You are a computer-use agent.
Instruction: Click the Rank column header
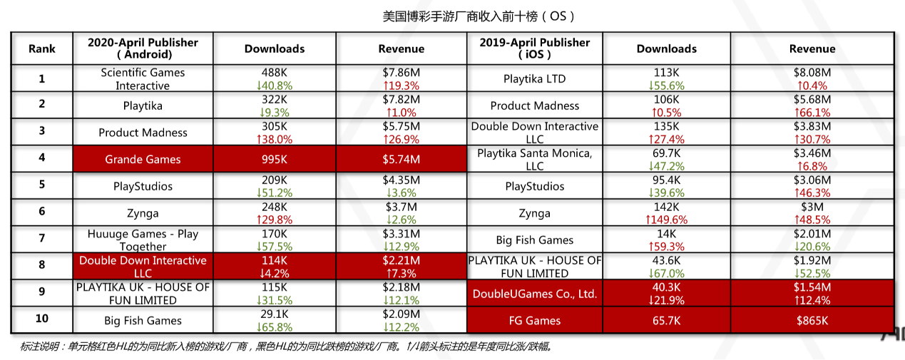[x=41, y=48]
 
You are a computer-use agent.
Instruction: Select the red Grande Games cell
[x=143, y=160]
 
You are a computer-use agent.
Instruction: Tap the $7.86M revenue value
[x=401, y=73]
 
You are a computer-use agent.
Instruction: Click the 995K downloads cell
[x=275, y=160]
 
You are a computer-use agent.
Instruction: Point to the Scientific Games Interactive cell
[x=143, y=79]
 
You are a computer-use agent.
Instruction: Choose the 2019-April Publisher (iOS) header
[x=534, y=48]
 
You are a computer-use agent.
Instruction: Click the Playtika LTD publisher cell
[x=534, y=79]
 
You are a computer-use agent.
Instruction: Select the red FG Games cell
[x=534, y=321]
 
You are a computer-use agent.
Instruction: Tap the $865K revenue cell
[x=812, y=321]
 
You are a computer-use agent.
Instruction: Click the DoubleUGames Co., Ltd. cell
[x=534, y=294]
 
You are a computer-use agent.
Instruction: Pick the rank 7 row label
[x=41, y=240]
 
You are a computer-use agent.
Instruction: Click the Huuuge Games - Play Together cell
[x=143, y=240]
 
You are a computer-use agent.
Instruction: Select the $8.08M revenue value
[x=812, y=73]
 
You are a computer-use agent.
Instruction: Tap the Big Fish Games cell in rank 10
[x=143, y=321]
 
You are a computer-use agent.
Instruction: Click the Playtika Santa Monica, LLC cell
[x=534, y=160]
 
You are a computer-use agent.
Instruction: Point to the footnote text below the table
[x=285, y=347]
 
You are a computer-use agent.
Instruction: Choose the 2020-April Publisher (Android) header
[x=143, y=48]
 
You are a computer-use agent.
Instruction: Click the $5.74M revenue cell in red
[x=401, y=160]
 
